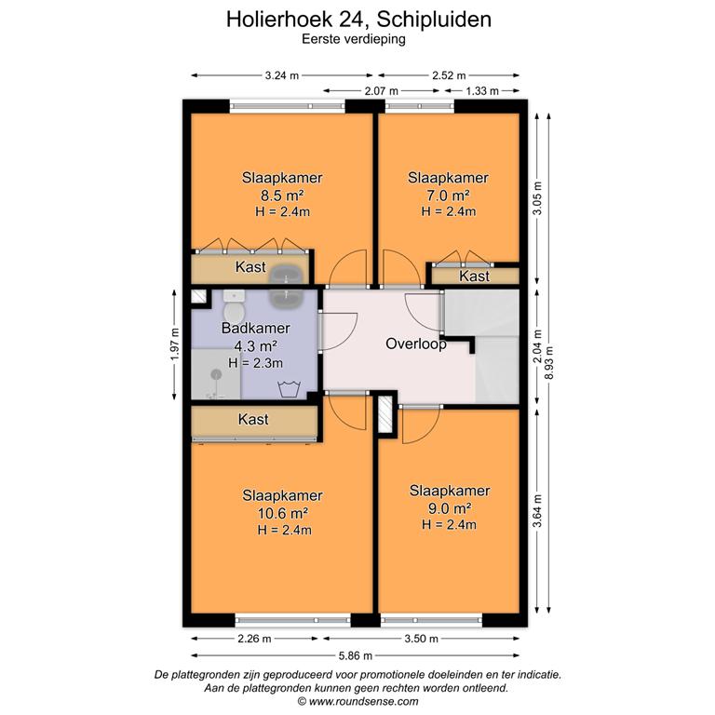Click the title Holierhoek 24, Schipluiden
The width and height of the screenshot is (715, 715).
[x=358, y=19]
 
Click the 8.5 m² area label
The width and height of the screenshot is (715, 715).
[x=282, y=196]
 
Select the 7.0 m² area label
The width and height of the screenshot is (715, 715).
[x=448, y=196]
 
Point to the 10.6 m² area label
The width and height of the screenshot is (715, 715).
[x=282, y=512]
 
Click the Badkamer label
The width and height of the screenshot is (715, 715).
[x=255, y=329]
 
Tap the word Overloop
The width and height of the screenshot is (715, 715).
[x=415, y=344]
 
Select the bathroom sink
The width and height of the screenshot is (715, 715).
[x=286, y=296]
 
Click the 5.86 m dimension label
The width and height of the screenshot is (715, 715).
[x=357, y=655]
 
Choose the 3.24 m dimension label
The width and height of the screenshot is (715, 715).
[x=282, y=76]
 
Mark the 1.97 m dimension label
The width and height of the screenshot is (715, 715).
[x=174, y=345]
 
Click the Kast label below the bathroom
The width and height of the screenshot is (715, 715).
[x=253, y=420]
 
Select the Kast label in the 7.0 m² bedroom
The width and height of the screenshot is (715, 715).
[x=475, y=277]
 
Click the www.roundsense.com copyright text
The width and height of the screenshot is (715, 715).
[x=357, y=701]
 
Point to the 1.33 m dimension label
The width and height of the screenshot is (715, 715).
[x=481, y=91]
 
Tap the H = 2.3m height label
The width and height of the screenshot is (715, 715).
[x=255, y=361]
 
